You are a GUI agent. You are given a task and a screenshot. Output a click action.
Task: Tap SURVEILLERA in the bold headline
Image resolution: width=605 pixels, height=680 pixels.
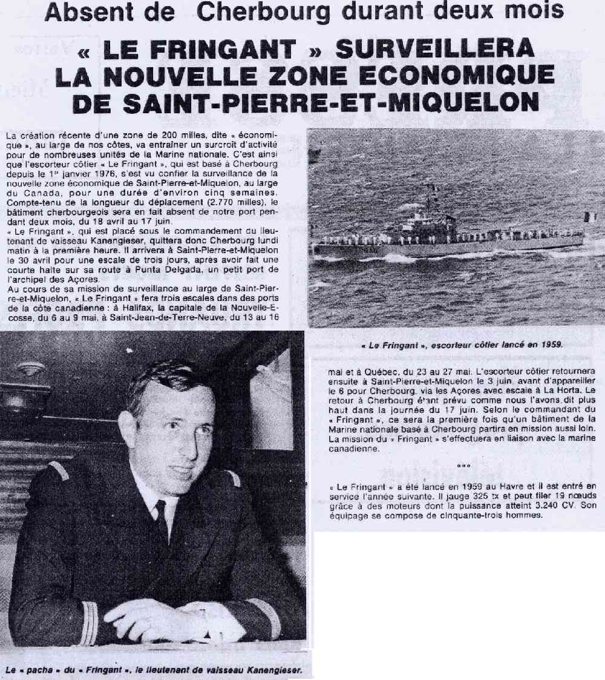click(435, 50)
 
